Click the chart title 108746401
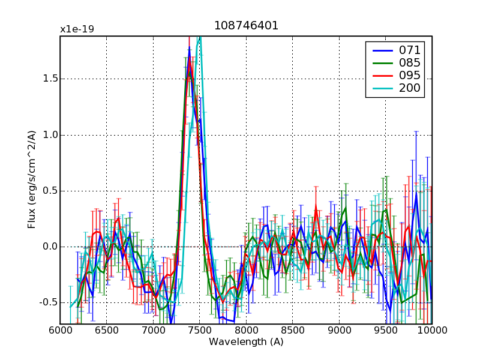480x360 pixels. coord(246,26)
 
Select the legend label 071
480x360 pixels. coord(410,49)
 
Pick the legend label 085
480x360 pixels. coord(410,62)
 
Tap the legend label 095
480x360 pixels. coord(410,76)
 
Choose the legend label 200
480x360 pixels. coord(410,89)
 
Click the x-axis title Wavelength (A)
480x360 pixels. coord(246,342)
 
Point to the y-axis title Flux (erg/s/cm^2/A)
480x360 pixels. coord(32,180)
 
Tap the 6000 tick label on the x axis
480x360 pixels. coord(60,331)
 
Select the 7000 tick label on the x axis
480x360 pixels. coord(153,331)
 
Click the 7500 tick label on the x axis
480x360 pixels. coord(199,331)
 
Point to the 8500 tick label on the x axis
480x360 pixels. coord(292,331)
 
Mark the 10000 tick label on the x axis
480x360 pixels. coord(431,331)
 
